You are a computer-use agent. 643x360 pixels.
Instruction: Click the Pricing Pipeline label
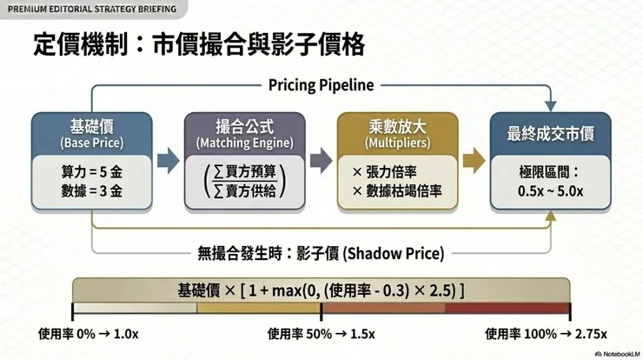[x=321, y=85]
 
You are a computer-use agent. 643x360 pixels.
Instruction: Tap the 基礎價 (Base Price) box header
[x=92, y=134]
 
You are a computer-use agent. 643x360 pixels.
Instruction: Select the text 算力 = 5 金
[x=92, y=172]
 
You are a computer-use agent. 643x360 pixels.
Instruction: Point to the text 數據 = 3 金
[x=92, y=191]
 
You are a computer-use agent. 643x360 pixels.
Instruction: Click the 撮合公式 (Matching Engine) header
[x=245, y=134]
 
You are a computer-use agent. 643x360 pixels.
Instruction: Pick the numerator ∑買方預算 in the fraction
[x=245, y=171]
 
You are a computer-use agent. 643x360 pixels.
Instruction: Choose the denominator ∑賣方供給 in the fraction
[x=245, y=190]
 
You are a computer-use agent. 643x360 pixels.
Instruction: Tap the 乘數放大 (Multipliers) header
[x=397, y=134]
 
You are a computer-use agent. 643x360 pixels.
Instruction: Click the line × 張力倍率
[x=384, y=172]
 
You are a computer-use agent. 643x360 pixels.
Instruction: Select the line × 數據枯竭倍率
[x=397, y=191]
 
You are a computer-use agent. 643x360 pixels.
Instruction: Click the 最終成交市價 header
[x=550, y=134]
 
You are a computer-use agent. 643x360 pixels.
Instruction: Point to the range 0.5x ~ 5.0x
[x=550, y=191]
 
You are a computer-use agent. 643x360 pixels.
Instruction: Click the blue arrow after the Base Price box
[x=168, y=161]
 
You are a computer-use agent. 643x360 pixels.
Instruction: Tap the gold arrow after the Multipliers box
[x=474, y=161]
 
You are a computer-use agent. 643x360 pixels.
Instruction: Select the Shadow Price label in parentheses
[x=393, y=254]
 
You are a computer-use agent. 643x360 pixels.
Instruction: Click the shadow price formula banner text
[x=321, y=290]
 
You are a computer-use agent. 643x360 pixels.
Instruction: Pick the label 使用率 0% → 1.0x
[x=88, y=334]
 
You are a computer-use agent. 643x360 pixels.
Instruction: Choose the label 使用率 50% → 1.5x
[x=321, y=334]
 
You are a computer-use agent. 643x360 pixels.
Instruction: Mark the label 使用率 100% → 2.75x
[x=546, y=334]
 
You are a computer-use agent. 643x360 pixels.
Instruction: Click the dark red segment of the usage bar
[x=507, y=308]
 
